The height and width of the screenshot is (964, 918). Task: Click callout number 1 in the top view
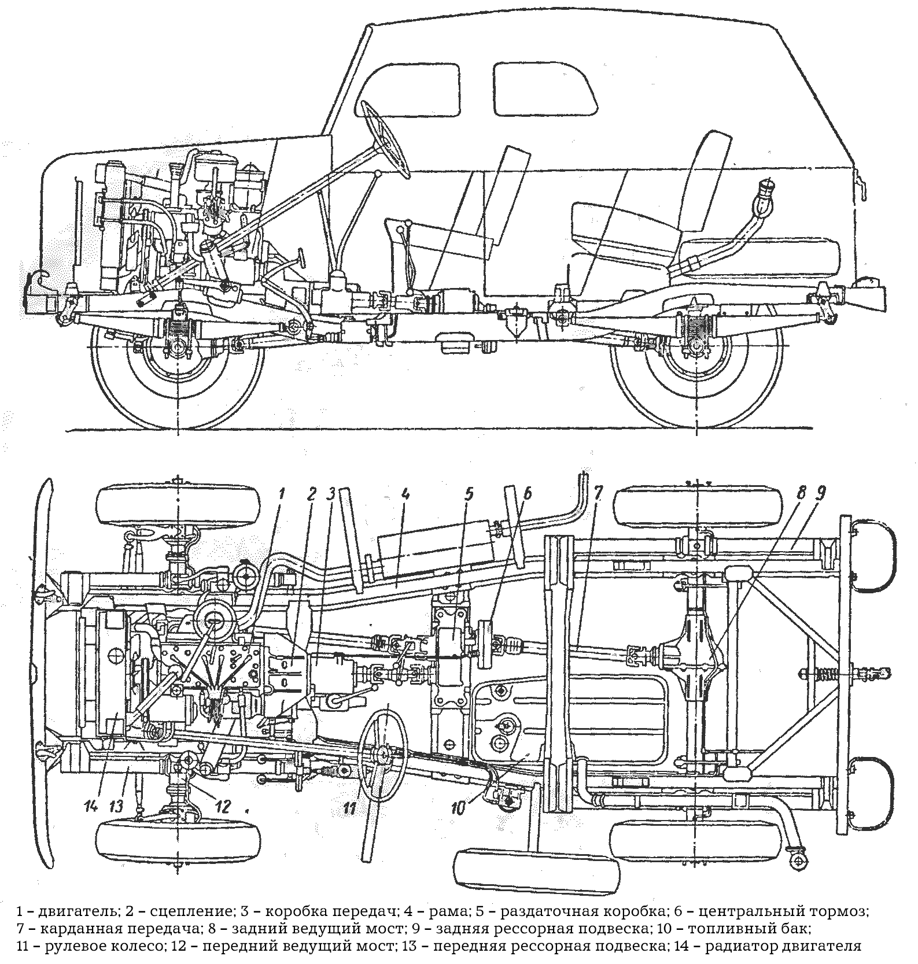point(281,494)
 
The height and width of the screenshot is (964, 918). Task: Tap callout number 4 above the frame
point(405,494)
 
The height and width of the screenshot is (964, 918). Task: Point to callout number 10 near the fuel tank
point(458,808)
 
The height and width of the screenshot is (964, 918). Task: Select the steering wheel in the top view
point(382,753)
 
